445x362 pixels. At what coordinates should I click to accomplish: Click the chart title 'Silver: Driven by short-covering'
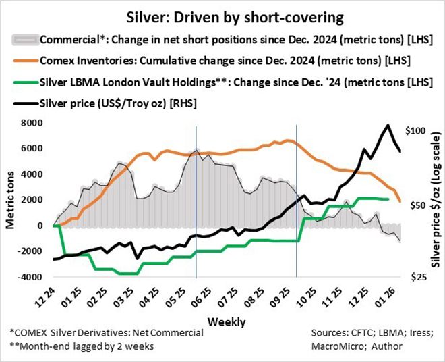coord(222,14)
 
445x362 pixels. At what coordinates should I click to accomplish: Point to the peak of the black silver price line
coord(388,126)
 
